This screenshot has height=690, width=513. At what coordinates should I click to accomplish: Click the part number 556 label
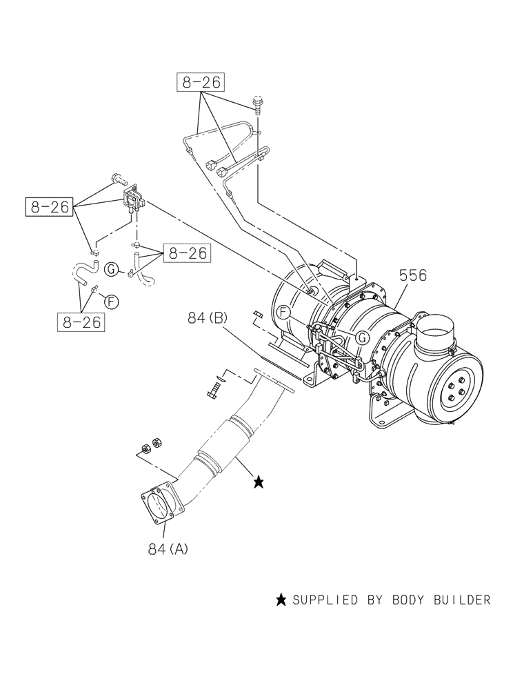pos(412,276)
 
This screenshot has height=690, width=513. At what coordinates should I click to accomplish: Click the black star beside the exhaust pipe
pos(259,482)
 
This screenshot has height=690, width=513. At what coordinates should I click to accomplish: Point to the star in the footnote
pos(281,600)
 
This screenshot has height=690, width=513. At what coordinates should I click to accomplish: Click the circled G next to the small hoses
pos(111,270)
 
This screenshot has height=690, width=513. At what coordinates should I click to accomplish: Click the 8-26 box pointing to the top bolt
pos(201,83)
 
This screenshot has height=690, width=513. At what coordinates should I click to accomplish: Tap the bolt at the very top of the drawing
pos(259,103)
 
